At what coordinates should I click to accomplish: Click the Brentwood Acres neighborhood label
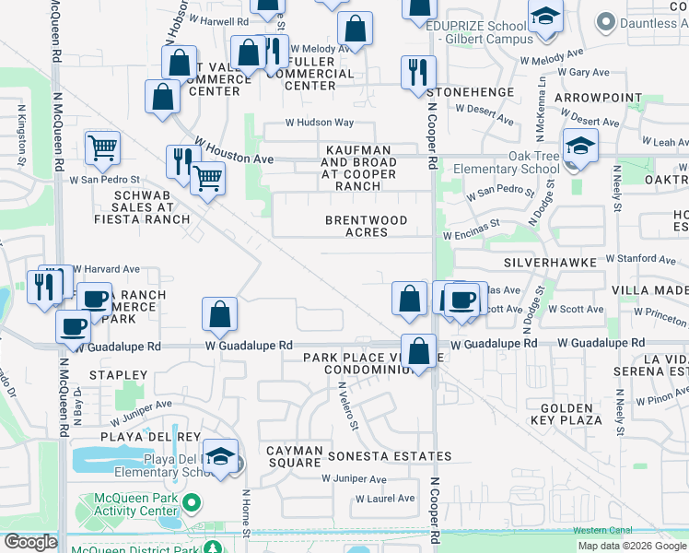click(x=366, y=226)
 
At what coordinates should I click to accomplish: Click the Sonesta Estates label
click(x=385, y=456)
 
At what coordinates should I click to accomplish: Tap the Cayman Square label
click(x=295, y=455)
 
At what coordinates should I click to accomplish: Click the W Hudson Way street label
click(x=319, y=122)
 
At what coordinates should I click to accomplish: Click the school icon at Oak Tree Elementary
click(x=580, y=146)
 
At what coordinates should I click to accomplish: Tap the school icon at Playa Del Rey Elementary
click(x=221, y=455)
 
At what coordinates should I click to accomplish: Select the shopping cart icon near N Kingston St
click(x=102, y=147)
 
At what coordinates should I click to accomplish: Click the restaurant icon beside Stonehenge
click(x=418, y=72)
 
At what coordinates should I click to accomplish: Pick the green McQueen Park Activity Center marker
click(x=192, y=503)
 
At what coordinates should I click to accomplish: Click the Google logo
click(x=30, y=542)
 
